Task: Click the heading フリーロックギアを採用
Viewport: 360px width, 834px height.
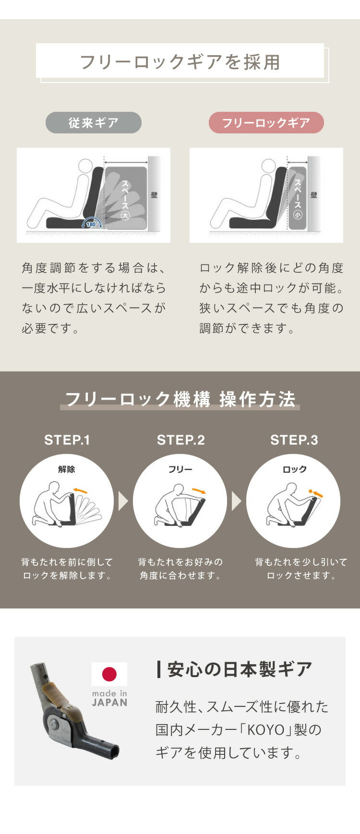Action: click(x=180, y=62)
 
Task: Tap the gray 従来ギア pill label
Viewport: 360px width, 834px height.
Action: click(x=94, y=123)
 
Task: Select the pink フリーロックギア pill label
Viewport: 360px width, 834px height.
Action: click(x=266, y=123)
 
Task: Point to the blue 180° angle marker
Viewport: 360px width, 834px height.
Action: click(x=91, y=224)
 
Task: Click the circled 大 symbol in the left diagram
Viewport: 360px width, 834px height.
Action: click(x=125, y=215)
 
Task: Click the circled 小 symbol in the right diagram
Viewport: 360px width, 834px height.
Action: click(x=298, y=215)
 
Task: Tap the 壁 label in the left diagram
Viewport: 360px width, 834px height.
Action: click(x=154, y=195)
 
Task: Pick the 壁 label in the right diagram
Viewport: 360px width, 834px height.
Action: click(x=314, y=195)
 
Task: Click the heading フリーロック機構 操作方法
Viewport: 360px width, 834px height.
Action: click(x=180, y=399)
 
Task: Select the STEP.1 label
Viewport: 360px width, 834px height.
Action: click(x=67, y=440)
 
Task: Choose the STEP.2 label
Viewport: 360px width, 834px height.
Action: click(x=180, y=440)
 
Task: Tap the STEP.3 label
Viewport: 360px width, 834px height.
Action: click(x=294, y=440)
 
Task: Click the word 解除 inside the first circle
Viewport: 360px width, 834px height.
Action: click(x=67, y=469)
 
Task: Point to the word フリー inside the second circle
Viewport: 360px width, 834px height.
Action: click(x=180, y=469)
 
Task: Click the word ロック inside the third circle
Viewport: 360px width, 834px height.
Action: click(x=294, y=469)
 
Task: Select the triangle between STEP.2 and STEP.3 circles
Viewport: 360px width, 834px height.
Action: click(x=237, y=501)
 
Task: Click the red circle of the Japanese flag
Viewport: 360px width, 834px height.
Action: click(x=109, y=674)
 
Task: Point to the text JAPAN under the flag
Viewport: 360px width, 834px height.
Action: click(x=109, y=703)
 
